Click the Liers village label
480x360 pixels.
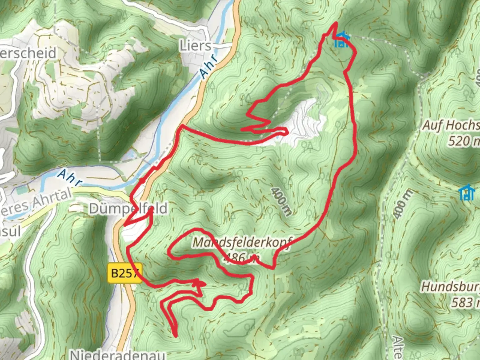click(x=195, y=46)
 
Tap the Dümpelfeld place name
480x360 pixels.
click(x=128, y=209)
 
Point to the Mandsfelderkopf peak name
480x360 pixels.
click(x=242, y=243)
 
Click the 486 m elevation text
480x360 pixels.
click(x=241, y=257)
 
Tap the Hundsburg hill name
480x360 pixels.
click(x=450, y=287)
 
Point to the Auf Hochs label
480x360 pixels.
click(x=451, y=125)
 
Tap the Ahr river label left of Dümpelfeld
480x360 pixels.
click(x=70, y=177)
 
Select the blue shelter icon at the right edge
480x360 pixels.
click(x=467, y=193)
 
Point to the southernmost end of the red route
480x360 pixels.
click(x=175, y=336)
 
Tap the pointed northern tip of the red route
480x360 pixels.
click(x=336, y=23)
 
